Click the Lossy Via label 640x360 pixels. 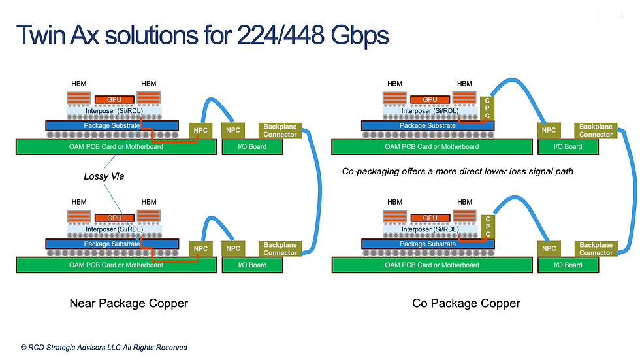pos(104,176)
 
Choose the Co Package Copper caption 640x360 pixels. pos(466,303)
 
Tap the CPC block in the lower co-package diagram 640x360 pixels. pos(487,227)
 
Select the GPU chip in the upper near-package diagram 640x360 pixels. pos(114,99)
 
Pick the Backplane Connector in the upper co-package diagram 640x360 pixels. pos(596,131)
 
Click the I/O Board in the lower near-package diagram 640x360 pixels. pos(253,265)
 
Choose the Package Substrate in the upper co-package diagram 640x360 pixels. pos(427,125)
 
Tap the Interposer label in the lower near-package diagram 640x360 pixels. pos(112,229)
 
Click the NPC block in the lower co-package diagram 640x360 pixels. pos(549,248)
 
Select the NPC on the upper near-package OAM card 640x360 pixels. pos(200,131)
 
